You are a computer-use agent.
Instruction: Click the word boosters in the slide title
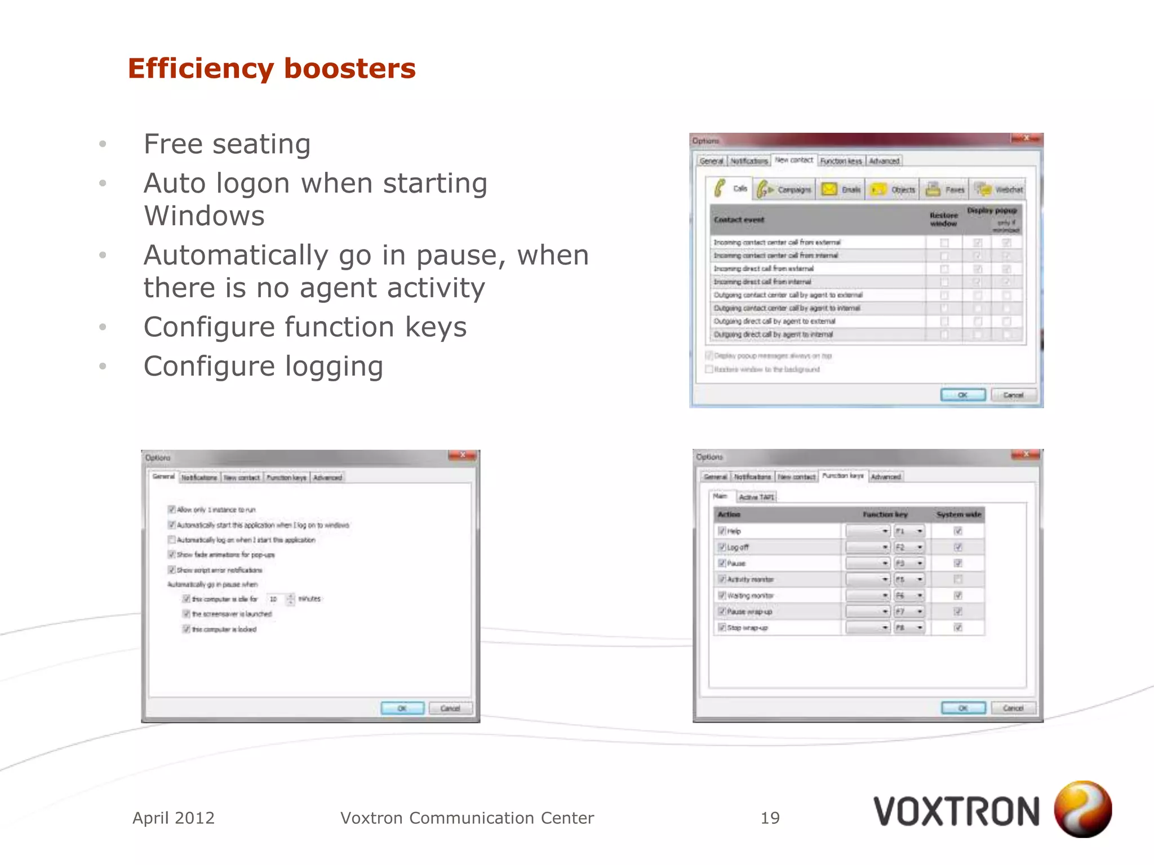(349, 69)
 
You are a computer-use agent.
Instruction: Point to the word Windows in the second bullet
(204, 216)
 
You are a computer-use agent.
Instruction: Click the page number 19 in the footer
(770, 818)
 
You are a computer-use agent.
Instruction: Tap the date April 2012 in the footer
(174, 818)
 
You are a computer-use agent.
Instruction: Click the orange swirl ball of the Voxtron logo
(1082, 809)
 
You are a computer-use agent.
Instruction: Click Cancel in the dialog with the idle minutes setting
(450, 708)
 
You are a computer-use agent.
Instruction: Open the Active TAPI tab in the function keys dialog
(756, 497)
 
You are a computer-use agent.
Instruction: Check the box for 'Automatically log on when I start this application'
(172, 539)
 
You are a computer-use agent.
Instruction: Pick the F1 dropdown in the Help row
(909, 531)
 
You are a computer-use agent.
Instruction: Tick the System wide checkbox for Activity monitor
(957, 579)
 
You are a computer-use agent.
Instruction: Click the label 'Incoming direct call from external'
(764, 269)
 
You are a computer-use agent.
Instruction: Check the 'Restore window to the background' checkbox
(709, 369)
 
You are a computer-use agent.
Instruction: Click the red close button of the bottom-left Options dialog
(462, 456)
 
